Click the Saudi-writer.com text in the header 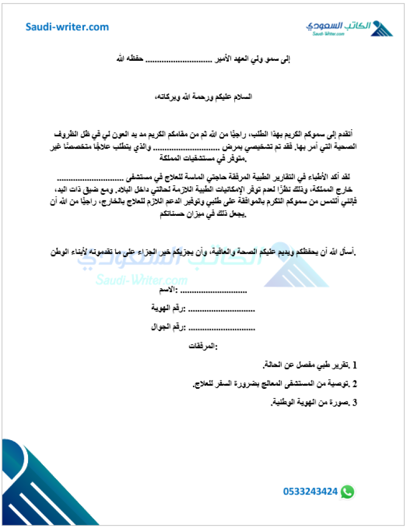coord(67,27)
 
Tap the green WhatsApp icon coord(347,492)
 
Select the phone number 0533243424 coord(310,492)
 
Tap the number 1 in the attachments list coord(355,365)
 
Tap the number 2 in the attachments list coord(355,383)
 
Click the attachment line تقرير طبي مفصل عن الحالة coord(306,365)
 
